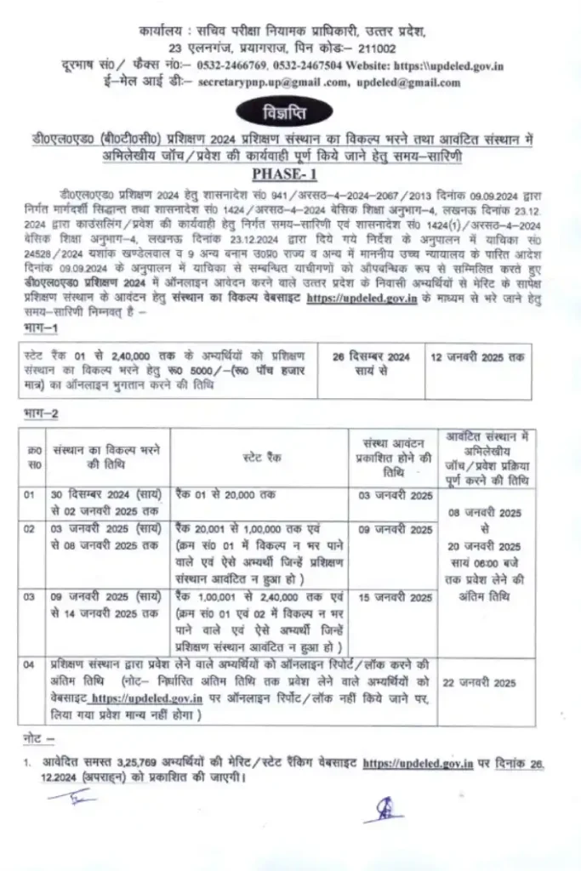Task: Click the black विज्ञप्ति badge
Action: pos(290,111)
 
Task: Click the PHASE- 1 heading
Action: pos(290,175)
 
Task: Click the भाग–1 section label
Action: pos(39,327)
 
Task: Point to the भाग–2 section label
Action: pos(39,413)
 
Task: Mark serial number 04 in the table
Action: pos(30,663)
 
